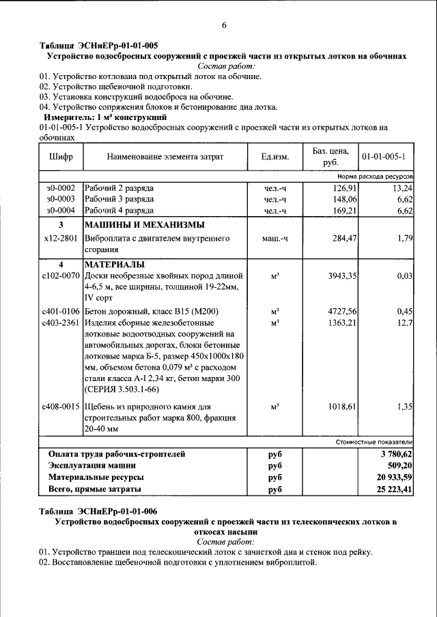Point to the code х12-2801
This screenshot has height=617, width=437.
tap(61, 239)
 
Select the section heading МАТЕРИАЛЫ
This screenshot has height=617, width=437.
tap(113, 265)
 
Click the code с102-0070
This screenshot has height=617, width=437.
tap(61, 276)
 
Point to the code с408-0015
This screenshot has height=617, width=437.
tap(61, 406)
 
